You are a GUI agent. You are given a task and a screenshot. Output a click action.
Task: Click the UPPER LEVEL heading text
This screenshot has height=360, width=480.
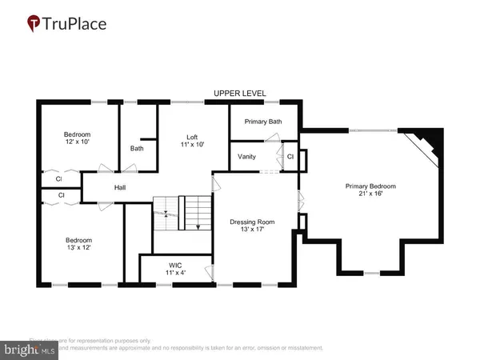click(239, 94)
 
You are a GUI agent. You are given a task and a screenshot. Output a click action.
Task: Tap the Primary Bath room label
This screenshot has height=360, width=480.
click(263, 122)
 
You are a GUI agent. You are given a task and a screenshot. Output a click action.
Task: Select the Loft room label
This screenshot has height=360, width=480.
click(192, 136)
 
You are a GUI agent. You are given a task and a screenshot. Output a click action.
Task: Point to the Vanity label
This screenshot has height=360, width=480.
click(247, 156)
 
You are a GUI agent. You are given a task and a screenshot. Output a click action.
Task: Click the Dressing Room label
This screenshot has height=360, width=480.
click(252, 222)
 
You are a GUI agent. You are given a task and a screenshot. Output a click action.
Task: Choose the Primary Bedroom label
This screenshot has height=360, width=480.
click(370, 186)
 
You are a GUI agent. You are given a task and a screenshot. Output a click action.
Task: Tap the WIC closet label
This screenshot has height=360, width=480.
click(175, 265)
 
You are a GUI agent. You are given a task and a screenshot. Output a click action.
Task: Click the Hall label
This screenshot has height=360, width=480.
click(120, 188)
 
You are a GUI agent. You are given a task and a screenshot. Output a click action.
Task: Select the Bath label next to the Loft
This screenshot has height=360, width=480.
click(137, 148)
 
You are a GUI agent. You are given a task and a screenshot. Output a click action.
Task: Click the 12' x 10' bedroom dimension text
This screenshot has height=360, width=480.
click(78, 142)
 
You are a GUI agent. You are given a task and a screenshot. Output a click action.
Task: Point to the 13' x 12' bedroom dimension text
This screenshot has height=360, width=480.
click(78, 249)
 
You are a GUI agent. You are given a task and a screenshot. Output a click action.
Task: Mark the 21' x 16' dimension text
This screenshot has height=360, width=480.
click(371, 194)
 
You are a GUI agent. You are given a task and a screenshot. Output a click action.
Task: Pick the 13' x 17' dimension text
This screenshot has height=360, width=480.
click(252, 230)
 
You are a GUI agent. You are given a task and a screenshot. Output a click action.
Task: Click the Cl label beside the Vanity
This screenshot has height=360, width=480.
click(290, 156)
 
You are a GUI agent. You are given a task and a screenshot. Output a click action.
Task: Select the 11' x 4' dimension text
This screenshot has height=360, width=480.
click(175, 274)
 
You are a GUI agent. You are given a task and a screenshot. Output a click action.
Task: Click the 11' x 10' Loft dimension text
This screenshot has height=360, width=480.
click(192, 145)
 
